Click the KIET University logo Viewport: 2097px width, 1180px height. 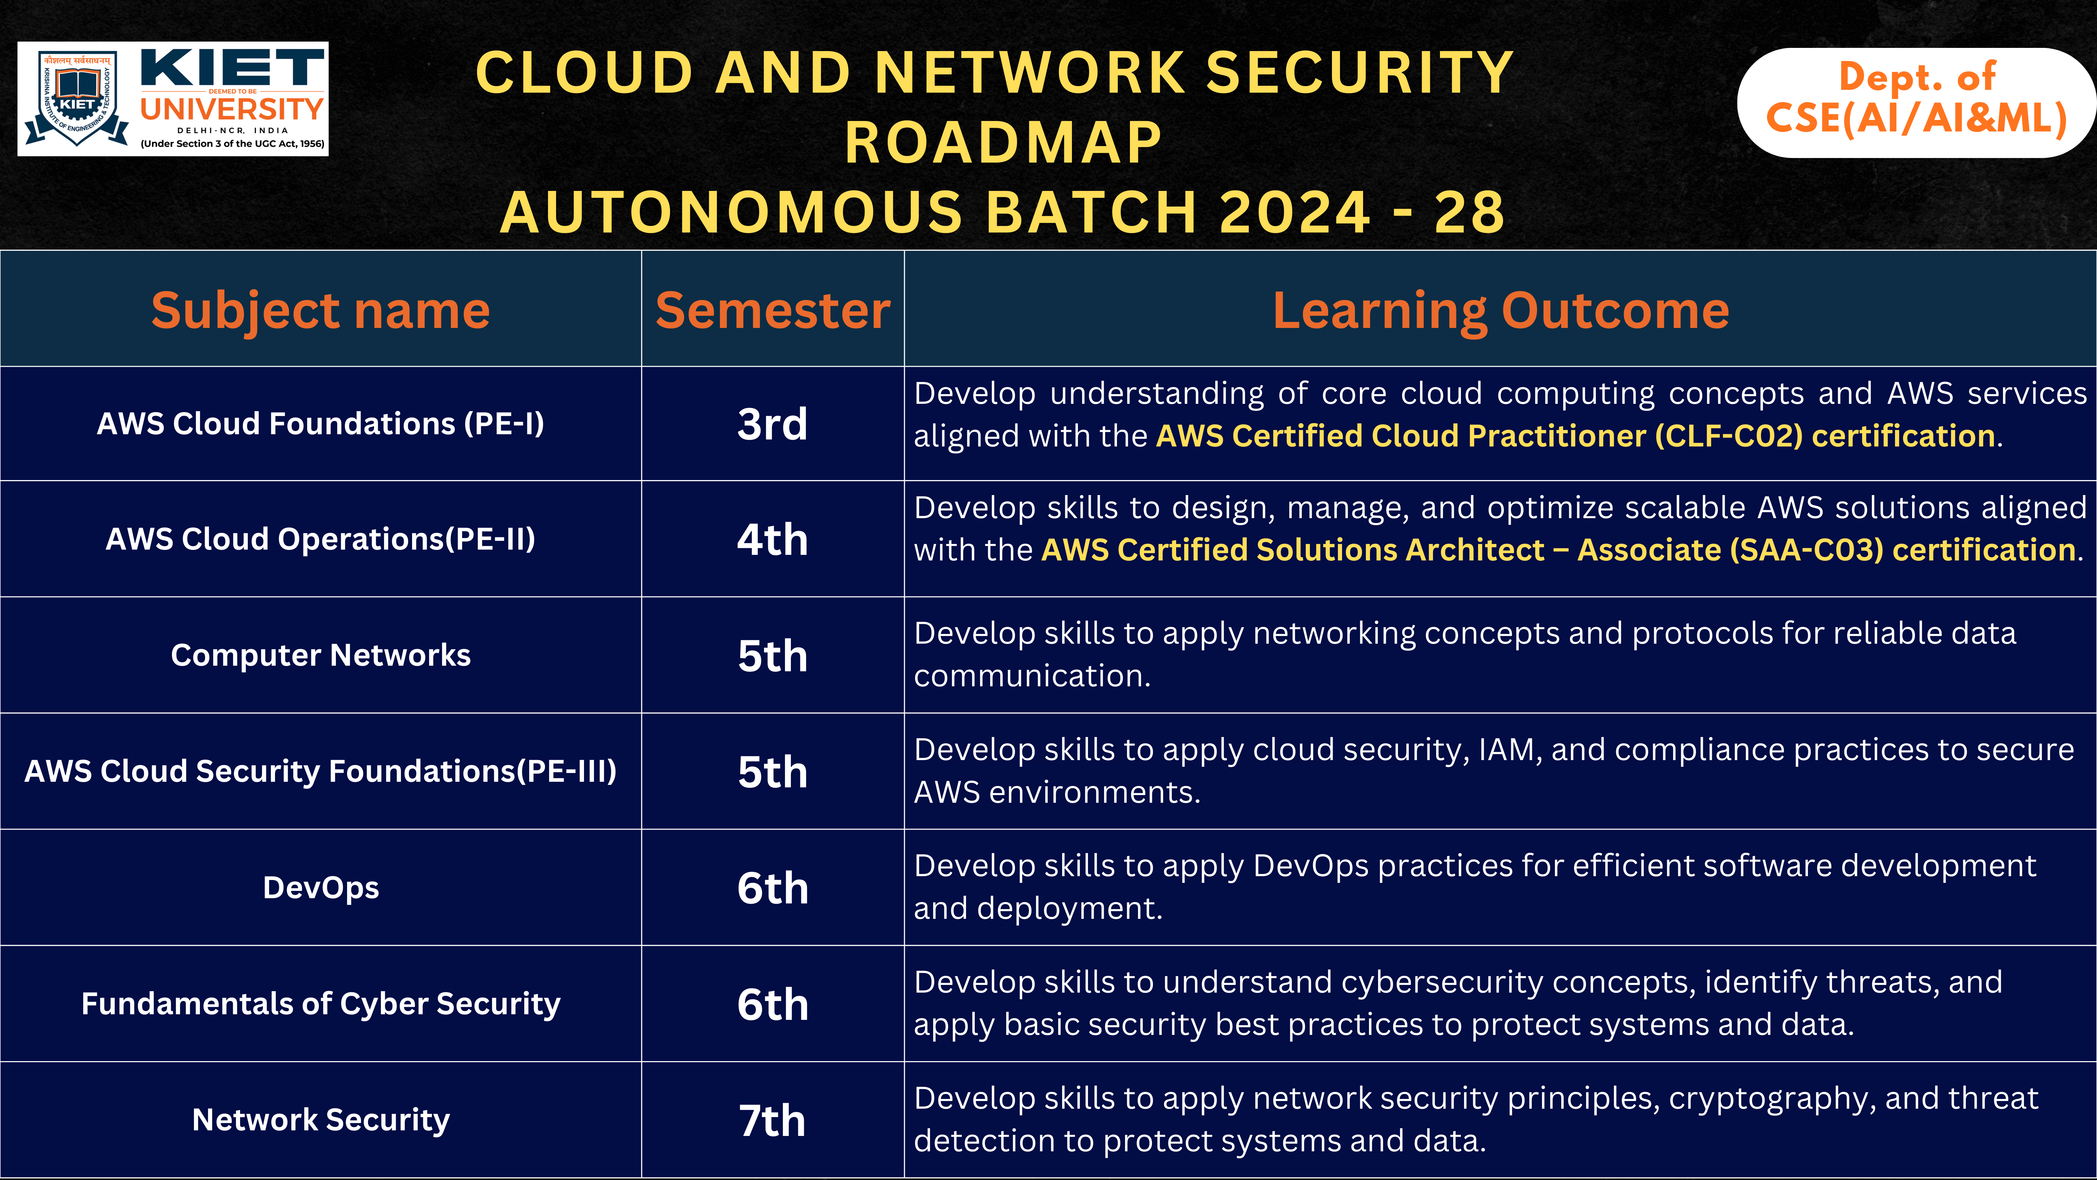coord(173,99)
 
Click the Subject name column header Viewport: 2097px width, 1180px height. coord(321,310)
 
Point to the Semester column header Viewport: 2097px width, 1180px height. coord(772,310)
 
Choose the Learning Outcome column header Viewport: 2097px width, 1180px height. coord(1500,310)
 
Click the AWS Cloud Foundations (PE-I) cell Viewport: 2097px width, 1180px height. coord(321,423)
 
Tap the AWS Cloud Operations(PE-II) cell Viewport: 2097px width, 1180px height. coord(321,539)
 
